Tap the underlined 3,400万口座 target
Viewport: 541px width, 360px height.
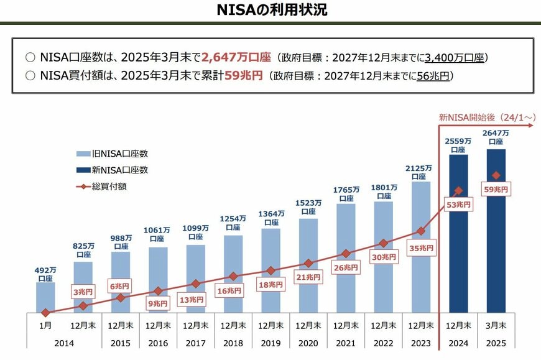[x=454, y=58]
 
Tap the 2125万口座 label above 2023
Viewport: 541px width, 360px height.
[x=420, y=172]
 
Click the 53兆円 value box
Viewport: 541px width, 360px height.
[x=458, y=204]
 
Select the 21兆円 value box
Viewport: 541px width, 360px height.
[x=308, y=277]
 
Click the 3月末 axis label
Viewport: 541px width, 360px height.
[x=496, y=325]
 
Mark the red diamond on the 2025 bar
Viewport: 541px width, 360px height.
[x=496, y=176]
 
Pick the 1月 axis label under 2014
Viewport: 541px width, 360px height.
[x=45, y=325]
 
